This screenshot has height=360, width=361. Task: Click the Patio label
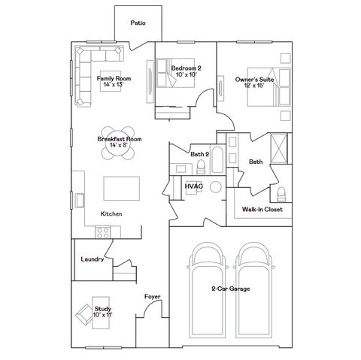pos(138,23)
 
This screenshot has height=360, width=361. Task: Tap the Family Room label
pos(114,82)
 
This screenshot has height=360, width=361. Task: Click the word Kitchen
pos(111,214)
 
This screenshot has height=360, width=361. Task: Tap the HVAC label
pos(193,185)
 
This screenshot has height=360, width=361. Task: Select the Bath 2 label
pos(199,153)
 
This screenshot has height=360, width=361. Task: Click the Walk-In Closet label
pos(262,210)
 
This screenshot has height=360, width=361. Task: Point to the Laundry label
pos(91,259)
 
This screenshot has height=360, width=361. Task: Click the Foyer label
pos(153,297)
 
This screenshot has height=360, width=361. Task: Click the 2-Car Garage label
pos(230,289)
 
